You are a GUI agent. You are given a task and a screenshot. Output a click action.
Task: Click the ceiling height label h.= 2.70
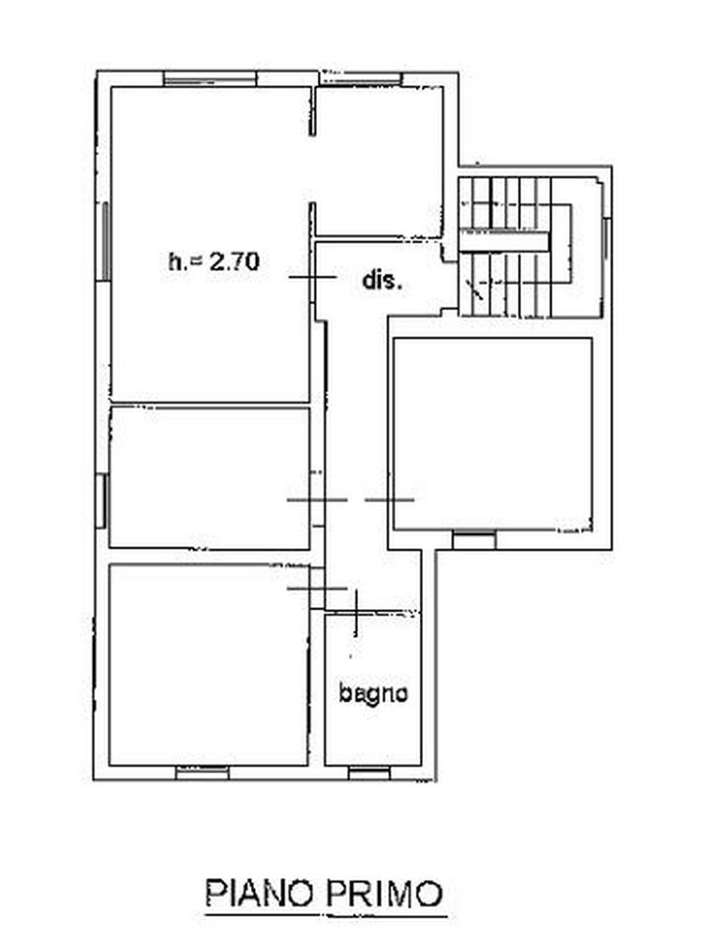[x=214, y=261]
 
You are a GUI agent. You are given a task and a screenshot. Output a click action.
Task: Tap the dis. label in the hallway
[x=382, y=279]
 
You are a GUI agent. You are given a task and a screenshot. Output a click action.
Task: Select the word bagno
[x=374, y=693]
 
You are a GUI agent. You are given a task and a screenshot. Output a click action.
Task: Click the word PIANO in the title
[x=260, y=893]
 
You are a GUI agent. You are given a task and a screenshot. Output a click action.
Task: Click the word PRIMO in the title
[x=383, y=893]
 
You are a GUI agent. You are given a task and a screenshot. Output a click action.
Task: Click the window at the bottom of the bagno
[x=368, y=773]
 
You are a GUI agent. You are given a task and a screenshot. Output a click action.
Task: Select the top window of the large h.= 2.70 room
[x=210, y=79]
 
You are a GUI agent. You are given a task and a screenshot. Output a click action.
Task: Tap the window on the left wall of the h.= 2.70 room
[x=105, y=241]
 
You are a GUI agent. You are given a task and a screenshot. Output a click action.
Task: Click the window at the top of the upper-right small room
[x=361, y=79]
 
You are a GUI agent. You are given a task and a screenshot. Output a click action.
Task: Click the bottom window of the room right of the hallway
[x=474, y=540]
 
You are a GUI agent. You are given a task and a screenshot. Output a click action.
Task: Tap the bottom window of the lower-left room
[x=202, y=773]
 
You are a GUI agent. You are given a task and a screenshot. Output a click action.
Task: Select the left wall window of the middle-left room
[x=103, y=500]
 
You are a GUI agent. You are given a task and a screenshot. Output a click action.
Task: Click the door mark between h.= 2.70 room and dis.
[x=312, y=277]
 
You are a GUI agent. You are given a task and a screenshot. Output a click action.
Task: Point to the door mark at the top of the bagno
[x=355, y=613]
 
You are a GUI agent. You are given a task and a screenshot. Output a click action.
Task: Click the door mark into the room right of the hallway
[x=389, y=499]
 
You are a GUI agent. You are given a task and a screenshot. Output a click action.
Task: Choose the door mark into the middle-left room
[x=317, y=499]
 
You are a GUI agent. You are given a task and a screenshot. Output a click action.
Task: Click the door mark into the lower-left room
[x=317, y=588]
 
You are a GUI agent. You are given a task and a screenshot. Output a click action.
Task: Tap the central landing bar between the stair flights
[x=504, y=242]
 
